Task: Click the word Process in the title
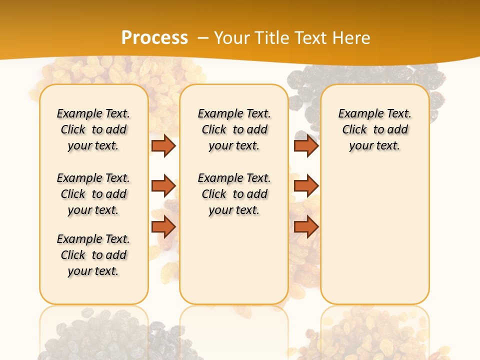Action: click(154, 37)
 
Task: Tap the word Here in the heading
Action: click(352, 37)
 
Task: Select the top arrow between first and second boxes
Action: click(163, 145)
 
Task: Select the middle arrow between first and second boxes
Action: click(163, 186)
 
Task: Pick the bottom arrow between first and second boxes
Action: click(163, 226)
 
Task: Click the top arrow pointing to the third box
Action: click(306, 145)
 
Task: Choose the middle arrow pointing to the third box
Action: click(306, 186)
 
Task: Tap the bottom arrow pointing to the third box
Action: click(306, 226)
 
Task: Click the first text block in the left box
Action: click(93, 129)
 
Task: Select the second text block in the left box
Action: click(93, 194)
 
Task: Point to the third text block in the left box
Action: click(93, 255)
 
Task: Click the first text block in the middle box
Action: click(234, 129)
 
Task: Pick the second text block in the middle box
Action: click(234, 194)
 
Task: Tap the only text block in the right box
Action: click(375, 129)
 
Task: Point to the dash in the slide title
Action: click(203, 38)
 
